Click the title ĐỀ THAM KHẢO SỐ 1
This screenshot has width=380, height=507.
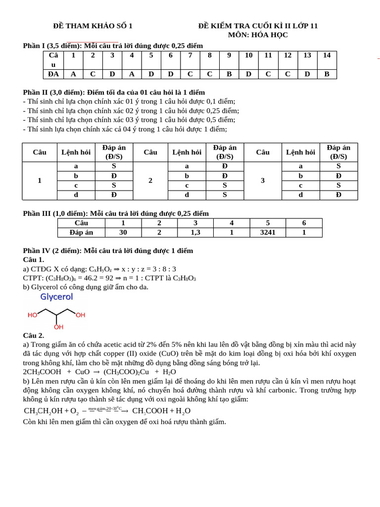pos(93,26)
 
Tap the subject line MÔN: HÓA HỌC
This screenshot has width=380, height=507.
pos(258,35)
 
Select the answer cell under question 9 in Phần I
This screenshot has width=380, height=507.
pos(229,74)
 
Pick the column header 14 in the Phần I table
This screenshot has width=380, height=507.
pos(327,55)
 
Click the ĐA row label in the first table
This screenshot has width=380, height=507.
pos(53,74)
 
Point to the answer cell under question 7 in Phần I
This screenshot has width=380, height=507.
pos(190,74)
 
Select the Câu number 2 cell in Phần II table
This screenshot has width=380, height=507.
pos(150,181)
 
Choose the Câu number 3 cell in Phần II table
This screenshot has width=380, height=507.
pos(263,181)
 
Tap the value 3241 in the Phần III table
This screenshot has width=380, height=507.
pos(268,232)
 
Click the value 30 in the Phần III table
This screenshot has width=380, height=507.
pos(123,232)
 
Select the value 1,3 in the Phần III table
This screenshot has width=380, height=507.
pos(195,232)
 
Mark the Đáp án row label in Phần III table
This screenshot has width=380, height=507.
pos(82,232)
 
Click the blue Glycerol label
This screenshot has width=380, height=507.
pos(56,297)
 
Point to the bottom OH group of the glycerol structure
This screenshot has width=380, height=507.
pos(58,327)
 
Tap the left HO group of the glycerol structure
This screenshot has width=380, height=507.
pos(33,315)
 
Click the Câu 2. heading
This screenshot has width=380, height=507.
pos(34,335)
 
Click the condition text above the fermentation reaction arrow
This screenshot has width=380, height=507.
pos(105,408)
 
